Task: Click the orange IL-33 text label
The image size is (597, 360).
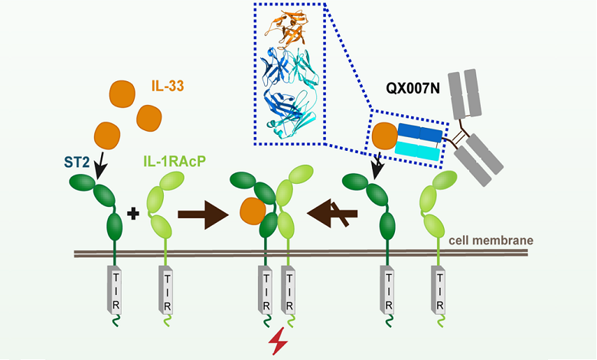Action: (x=168, y=86)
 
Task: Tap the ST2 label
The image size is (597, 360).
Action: (x=77, y=162)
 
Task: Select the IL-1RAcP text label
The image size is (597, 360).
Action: (x=175, y=161)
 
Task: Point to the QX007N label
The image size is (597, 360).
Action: (x=413, y=88)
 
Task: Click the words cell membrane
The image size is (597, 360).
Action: (x=491, y=241)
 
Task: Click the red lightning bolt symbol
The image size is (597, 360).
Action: (x=279, y=341)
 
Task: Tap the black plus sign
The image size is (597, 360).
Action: (x=133, y=214)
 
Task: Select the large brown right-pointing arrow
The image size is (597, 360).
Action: (x=203, y=215)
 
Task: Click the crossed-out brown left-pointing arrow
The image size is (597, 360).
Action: (x=332, y=214)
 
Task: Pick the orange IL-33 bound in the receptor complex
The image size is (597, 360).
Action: (x=253, y=211)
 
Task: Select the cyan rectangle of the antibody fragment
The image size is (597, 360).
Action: (x=418, y=151)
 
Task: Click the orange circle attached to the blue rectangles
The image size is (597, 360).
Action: (x=385, y=136)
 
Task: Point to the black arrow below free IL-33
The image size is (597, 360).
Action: (x=100, y=165)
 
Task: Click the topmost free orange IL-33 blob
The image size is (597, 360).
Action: (x=122, y=93)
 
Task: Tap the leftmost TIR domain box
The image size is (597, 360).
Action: (x=115, y=290)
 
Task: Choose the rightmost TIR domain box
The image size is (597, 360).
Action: (x=439, y=290)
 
